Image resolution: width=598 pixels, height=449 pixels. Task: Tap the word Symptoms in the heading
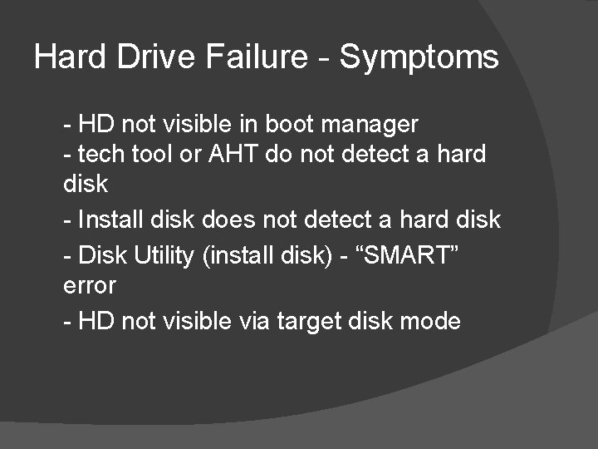coord(419,57)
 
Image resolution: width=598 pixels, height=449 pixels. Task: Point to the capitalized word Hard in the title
coord(66,57)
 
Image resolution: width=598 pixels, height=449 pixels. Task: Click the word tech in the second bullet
coord(99,154)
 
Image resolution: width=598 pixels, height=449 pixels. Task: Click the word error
coord(90,285)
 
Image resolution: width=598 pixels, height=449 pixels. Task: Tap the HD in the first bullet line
coord(95,125)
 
